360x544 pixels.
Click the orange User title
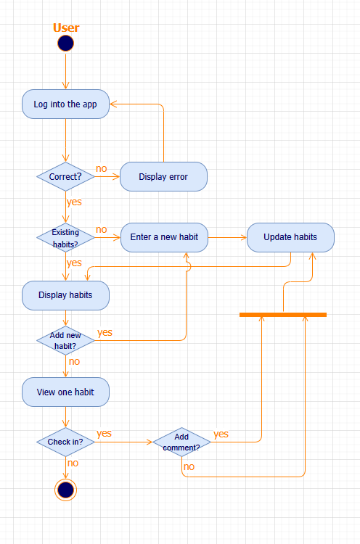66,28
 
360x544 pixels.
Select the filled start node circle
65,44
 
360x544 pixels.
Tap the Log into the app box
65,104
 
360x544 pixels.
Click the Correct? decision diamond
65,176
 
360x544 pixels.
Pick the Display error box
163,176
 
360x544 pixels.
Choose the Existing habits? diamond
65,237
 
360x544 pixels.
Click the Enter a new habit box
165,237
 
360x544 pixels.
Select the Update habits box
290,237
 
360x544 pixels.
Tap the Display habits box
65,295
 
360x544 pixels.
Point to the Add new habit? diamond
65,340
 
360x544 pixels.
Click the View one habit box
65,392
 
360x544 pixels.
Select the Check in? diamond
65,442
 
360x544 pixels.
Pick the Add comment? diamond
181,442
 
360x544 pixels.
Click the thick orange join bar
283,315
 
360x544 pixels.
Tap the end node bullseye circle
65,490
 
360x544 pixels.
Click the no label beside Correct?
101,169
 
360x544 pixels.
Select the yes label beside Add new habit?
105,332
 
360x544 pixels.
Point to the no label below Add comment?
189,466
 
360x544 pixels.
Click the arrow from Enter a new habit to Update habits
227,237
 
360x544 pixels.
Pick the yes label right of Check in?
104,433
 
